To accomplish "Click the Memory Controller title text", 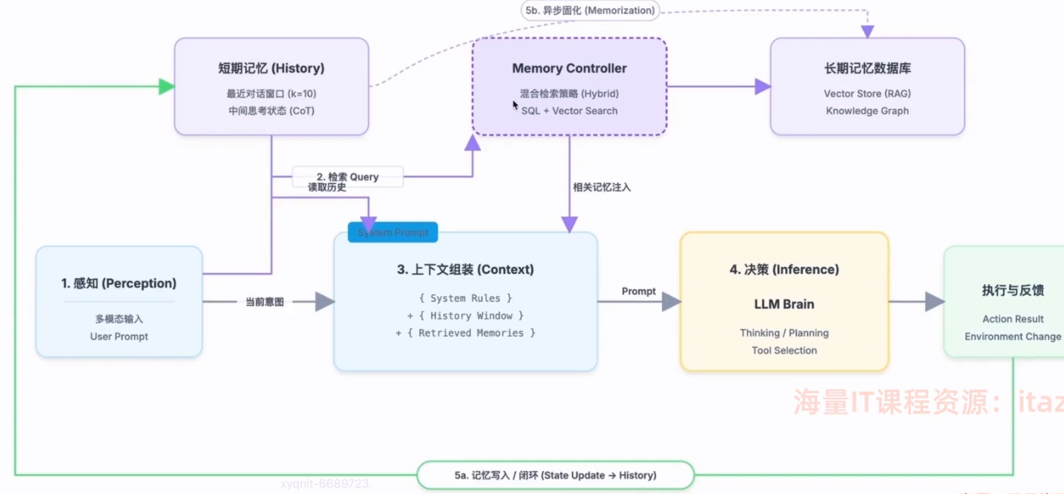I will pos(569,68).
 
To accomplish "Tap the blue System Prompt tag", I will pos(393,233).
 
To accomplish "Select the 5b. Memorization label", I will pos(590,10).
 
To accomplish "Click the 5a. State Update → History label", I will pos(555,475).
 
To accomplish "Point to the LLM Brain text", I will pos(784,304).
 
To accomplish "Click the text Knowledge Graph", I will pos(867,111).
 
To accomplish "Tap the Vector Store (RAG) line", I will pos(867,94).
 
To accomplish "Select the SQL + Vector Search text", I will pos(569,111).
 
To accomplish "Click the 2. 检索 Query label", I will pos(348,177).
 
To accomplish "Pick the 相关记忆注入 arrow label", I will pos(601,187).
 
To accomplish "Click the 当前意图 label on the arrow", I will pos(265,302).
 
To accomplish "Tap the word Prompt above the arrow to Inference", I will pos(638,291).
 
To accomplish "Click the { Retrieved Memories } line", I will pos(465,333).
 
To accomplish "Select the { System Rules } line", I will pos(465,298).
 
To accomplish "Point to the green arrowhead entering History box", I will pos(166,87).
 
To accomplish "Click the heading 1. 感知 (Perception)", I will pos(119,284).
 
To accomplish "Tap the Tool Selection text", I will pos(784,351).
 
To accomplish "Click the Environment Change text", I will pos(1013,337).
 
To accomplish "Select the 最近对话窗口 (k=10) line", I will pos(271,94).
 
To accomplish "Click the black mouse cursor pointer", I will pos(515,105).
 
